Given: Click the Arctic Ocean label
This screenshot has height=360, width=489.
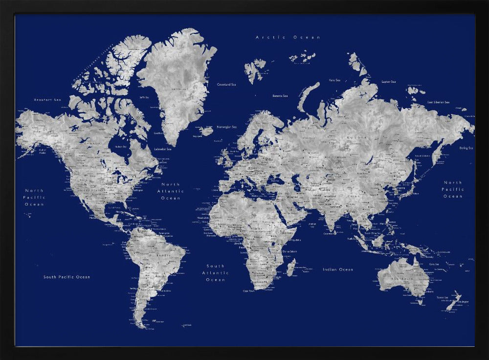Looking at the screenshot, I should click(288, 37).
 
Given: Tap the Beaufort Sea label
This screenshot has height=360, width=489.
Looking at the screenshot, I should click(47, 100).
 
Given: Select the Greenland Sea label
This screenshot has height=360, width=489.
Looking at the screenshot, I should click(226, 85).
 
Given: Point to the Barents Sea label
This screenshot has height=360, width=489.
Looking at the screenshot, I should click(280, 96).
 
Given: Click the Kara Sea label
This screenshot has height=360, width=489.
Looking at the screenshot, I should click(334, 80).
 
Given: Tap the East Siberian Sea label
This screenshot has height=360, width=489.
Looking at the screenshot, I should click(438, 102).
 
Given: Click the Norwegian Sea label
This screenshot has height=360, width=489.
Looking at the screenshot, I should click(227, 127).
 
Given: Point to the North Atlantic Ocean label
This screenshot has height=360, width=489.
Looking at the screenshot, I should click(171, 191).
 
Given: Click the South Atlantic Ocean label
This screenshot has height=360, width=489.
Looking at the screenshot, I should click(216, 273).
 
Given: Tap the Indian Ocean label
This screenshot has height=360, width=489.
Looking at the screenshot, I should click(337, 270).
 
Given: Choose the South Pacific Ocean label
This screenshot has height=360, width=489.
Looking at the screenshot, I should click(67, 277).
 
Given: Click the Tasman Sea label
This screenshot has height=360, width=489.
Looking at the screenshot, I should click(443, 297).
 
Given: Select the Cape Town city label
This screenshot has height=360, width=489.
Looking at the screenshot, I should click(248, 291).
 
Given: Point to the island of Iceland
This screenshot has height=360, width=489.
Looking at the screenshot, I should click(206, 131).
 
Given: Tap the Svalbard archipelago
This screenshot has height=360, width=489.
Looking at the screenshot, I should click(254, 69).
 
